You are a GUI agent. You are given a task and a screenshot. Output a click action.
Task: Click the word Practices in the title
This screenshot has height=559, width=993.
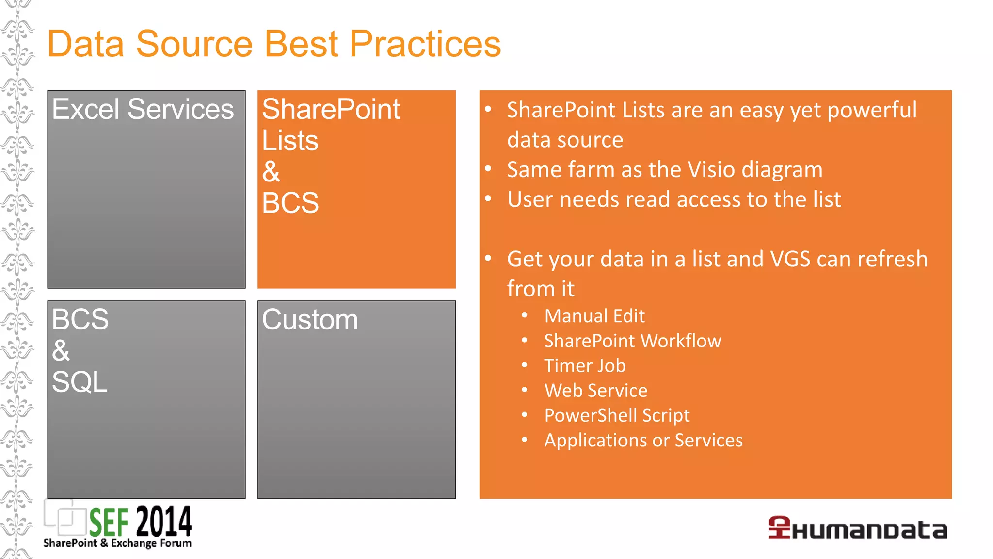point(425,44)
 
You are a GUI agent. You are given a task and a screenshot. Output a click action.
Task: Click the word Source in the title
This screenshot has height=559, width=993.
point(194,44)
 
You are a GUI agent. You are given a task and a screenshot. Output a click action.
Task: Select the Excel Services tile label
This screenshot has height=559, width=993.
point(143,109)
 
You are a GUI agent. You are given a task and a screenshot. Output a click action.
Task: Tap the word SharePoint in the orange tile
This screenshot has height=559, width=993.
point(331,109)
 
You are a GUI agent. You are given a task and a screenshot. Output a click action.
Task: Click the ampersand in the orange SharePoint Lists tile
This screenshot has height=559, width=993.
point(271,171)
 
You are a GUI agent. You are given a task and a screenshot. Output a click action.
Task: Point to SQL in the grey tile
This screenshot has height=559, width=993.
point(80,382)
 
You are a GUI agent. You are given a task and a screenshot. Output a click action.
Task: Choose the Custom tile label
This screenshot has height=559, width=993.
point(310,320)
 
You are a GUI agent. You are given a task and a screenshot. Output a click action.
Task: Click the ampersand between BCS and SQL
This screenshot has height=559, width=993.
point(61,350)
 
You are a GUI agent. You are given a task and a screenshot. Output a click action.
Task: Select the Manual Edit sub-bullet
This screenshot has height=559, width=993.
point(594,316)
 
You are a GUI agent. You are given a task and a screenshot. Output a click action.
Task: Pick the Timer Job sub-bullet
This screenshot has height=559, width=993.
point(585,366)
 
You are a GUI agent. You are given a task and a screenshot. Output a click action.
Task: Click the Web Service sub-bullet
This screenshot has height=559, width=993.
point(596,391)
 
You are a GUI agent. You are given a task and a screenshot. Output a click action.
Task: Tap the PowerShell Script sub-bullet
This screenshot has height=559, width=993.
point(617,415)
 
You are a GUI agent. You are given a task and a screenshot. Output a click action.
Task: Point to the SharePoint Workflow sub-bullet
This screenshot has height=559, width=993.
point(632,341)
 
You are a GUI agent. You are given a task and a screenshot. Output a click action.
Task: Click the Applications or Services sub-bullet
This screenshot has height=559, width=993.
point(643,440)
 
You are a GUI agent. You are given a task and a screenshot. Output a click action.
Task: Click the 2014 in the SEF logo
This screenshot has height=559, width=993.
point(164,522)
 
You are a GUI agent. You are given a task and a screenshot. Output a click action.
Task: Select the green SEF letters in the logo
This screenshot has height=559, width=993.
point(109,523)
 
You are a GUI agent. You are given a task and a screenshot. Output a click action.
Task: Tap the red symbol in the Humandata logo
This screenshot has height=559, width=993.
point(779,527)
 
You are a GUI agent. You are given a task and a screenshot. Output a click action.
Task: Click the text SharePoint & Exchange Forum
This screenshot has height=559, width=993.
point(117,543)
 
